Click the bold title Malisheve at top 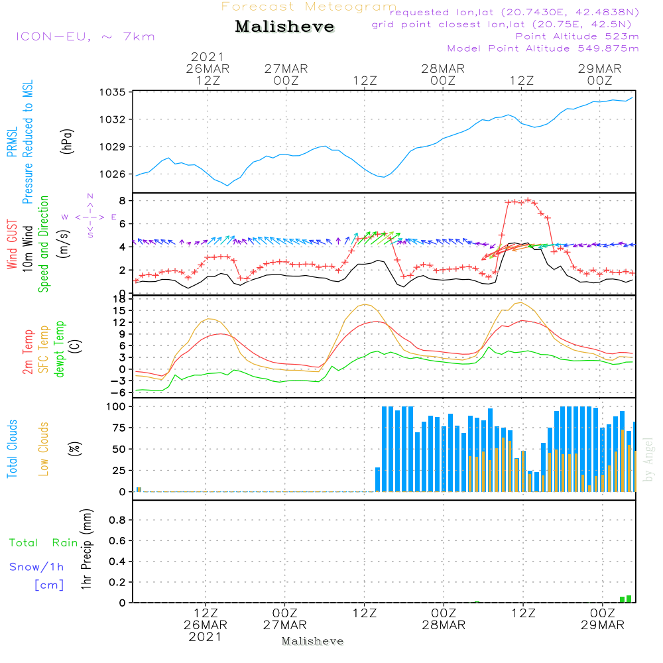pos(284,27)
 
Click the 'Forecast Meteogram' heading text pos(309,7)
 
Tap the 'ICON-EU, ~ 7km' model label pos(86,36)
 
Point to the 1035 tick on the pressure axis pos(113,92)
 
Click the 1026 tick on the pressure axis pos(113,174)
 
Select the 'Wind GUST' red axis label pos(12,244)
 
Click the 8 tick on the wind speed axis pos(122,200)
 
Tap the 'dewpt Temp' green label pos(59,349)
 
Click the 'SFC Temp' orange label pos(44,349)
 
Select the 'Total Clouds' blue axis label pos(12,449)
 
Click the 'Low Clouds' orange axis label pos(43,449)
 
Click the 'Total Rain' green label pos(44,542)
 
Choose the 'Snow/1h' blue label pos(36,567)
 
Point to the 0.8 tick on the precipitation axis pos(117,520)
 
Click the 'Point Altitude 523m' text pos(577,36)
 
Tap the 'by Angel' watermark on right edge pos(648,459)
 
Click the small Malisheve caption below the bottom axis pos(312,641)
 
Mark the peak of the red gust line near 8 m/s pos(528,200)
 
